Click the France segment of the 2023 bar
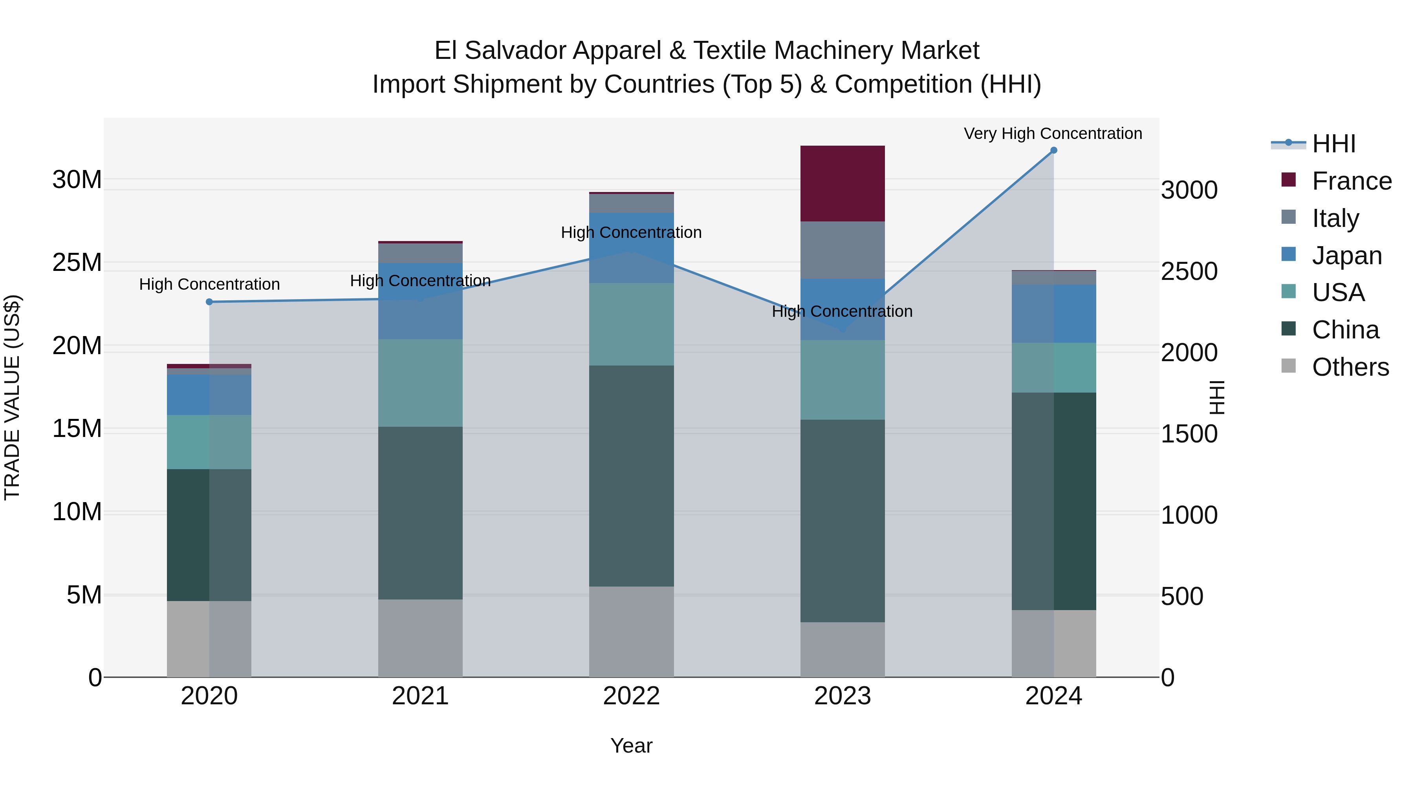(842, 183)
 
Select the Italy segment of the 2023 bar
(842, 250)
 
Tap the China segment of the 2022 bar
(631, 476)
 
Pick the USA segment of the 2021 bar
(420, 382)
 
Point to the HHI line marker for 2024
(1053, 150)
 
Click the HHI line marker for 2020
(209, 302)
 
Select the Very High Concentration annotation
(1053, 134)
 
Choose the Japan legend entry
(1346, 256)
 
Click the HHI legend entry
(1333, 144)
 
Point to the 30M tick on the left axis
(77, 180)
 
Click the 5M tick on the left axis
(84, 595)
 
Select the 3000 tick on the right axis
(1189, 190)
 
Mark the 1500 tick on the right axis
(1189, 434)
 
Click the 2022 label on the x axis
(631, 696)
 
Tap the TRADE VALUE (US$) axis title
(12, 397)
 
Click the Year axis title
(631, 746)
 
